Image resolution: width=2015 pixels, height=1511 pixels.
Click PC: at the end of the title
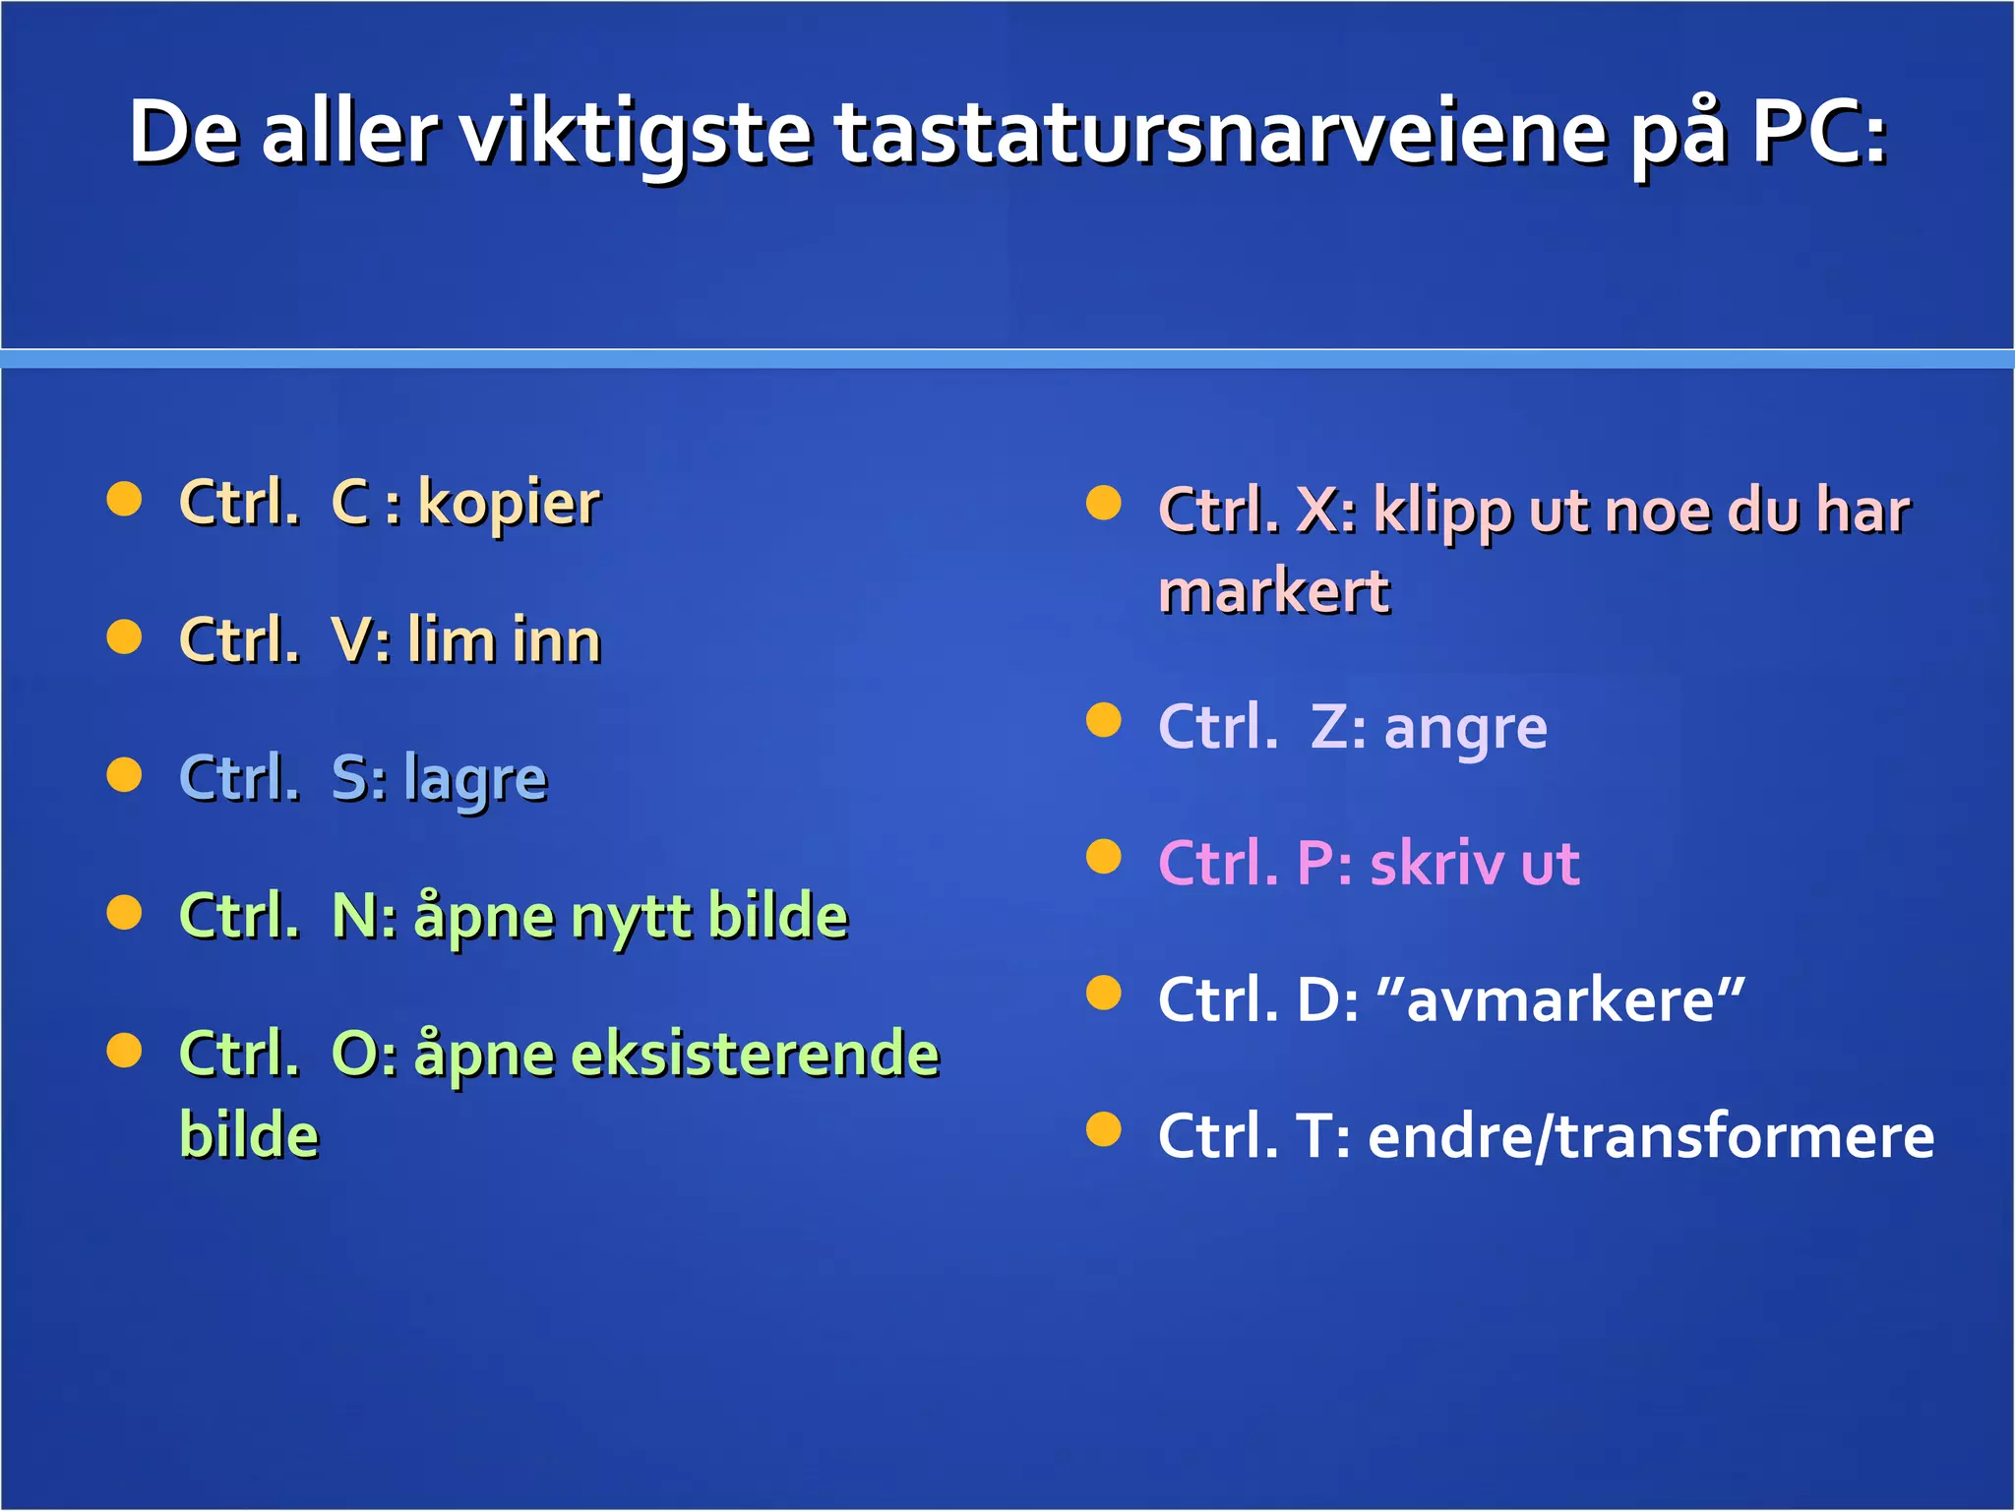point(1819,133)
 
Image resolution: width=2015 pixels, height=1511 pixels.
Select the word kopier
point(509,504)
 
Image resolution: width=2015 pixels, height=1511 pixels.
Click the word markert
point(1273,593)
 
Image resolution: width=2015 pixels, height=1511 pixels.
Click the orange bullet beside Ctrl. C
point(124,499)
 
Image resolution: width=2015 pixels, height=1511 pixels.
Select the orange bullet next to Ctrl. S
point(124,774)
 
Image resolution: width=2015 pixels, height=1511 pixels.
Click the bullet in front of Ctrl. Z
point(1103,720)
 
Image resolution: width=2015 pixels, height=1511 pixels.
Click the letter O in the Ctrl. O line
point(352,1055)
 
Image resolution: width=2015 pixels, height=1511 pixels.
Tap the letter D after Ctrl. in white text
point(1316,1000)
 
